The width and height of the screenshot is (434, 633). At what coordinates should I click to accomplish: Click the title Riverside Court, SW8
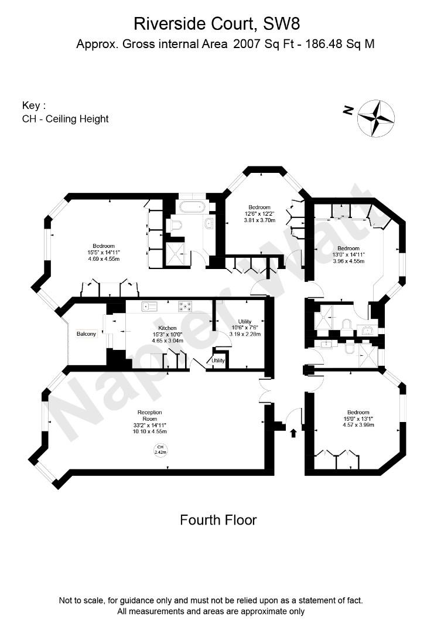(x=217, y=23)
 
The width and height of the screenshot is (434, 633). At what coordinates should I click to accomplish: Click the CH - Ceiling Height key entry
(x=65, y=119)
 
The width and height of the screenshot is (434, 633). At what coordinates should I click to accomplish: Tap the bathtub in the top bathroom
(x=192, y=207)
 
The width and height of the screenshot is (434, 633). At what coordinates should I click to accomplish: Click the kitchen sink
(x=151, y=305)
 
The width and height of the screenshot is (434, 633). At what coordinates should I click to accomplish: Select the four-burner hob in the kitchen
(x=185, y=305)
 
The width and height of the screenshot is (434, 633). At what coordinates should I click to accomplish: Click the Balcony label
(x=86, y=334)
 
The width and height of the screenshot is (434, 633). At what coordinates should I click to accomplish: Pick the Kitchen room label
(x=168, y=328)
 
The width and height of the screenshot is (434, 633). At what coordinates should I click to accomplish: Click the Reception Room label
(x=150, y=416)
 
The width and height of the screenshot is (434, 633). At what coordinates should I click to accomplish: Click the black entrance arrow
(x=293, y=433)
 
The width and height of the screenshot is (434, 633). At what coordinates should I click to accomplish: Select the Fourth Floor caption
(x=218, y=520)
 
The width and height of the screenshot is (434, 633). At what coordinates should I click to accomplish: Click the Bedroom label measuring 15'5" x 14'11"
(x=103, y=246)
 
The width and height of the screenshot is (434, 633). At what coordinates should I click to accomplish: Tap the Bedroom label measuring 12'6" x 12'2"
(x=259, y=207)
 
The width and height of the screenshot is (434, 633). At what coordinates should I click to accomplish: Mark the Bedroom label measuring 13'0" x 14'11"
(x=348, y=249)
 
